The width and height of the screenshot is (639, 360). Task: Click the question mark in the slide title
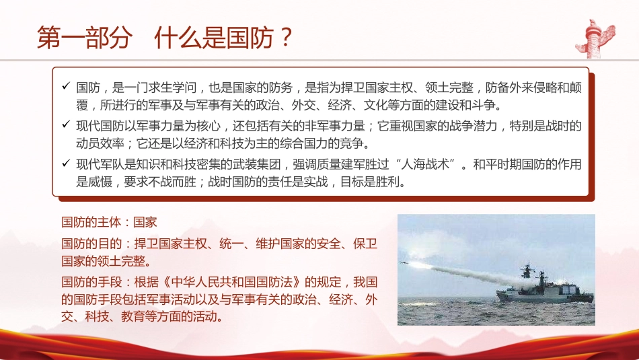click(x=286, y=38)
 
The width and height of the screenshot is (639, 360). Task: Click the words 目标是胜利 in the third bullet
click(x=376, y=182)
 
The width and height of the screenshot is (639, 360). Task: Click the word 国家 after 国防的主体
click(x=145, y=221)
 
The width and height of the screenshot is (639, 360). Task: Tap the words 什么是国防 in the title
click(x=214, y=38)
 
